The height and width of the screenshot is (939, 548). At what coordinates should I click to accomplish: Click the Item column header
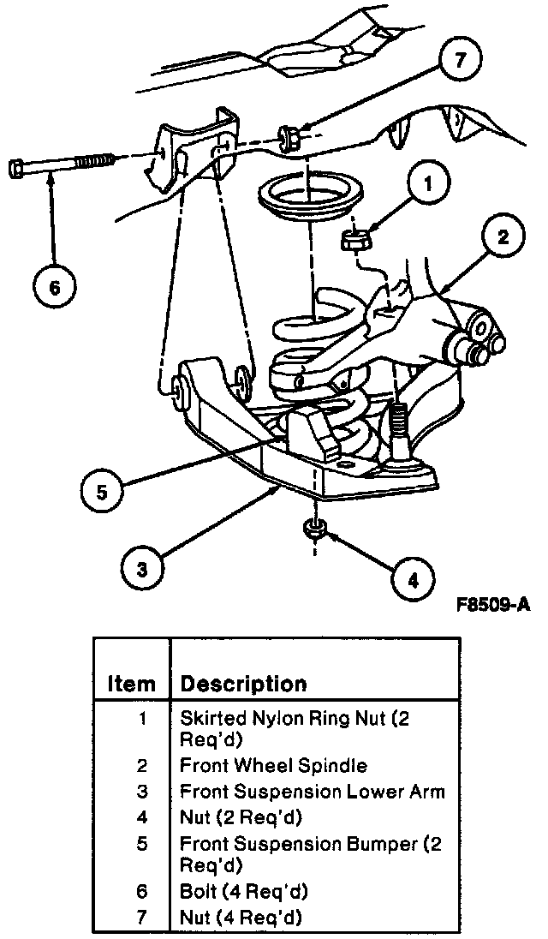(131, 684)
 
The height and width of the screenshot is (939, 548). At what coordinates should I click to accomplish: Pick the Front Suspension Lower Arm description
(312, 791)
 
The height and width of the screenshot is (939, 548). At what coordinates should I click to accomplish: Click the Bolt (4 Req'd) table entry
(243, 892)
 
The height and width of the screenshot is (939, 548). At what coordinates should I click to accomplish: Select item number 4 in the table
(142, 816)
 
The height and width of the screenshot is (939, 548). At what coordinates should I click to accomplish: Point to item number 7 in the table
(142, 918)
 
